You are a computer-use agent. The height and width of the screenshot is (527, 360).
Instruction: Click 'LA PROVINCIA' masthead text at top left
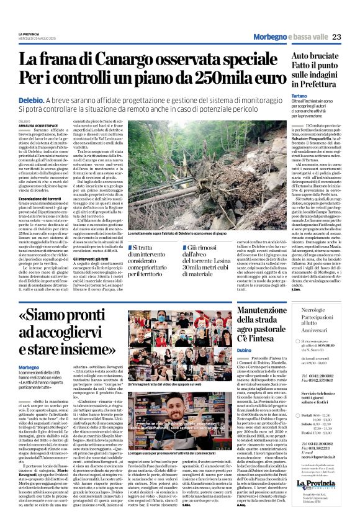click(29, 34)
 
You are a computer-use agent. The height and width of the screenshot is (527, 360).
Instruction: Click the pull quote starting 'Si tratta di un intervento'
click(157, 259)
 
